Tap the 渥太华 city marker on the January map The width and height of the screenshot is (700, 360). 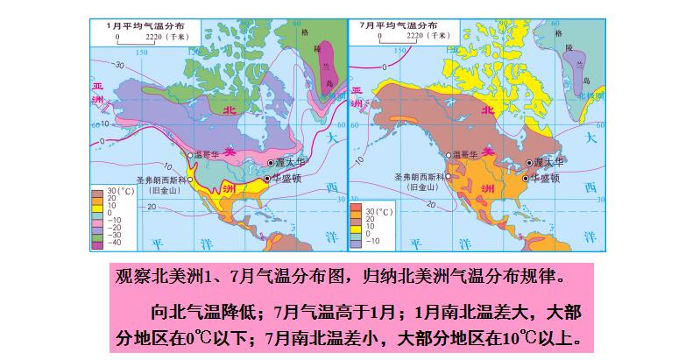click(271, 163)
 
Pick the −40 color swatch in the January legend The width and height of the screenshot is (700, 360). click(96, 244)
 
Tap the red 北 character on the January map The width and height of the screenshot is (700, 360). click(230, 110)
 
